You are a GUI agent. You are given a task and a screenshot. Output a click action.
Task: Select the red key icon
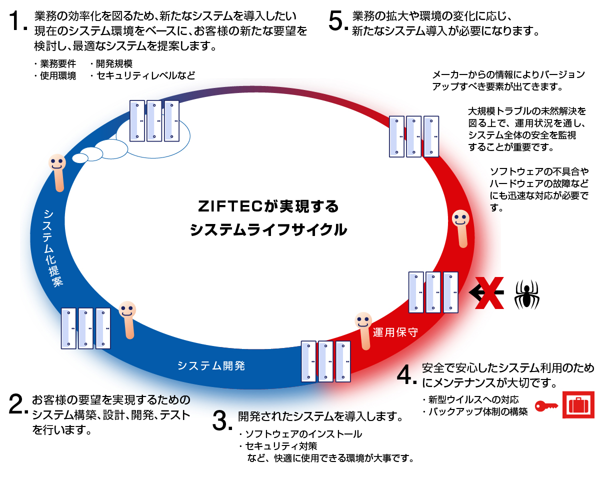coord(546,406)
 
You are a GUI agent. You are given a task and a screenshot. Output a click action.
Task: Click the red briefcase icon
coord(578,404)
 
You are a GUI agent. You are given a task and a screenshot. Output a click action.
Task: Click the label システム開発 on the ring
coord(211,365)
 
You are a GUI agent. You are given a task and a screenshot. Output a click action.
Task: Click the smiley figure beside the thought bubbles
coord(57,170)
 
